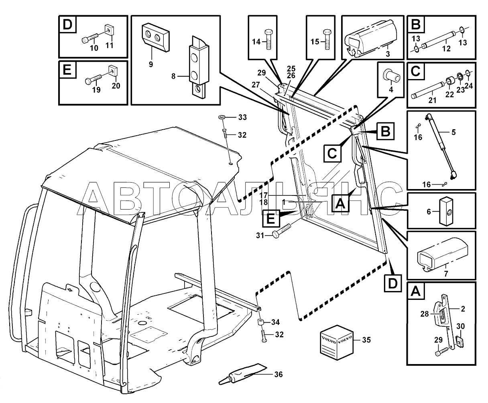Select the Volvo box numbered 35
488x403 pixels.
coord(336,342)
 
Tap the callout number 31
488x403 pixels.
coord(260,235)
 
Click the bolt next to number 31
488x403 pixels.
coord(281,231)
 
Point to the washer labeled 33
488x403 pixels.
coord(222,117)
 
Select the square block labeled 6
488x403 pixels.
coord(446,211)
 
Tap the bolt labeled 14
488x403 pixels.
coord(268,39)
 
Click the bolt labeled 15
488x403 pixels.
coord(327,39)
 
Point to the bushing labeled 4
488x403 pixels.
coord(391,77)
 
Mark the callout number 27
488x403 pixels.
coord(256,85)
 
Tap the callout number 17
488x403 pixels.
coord(263,195)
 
